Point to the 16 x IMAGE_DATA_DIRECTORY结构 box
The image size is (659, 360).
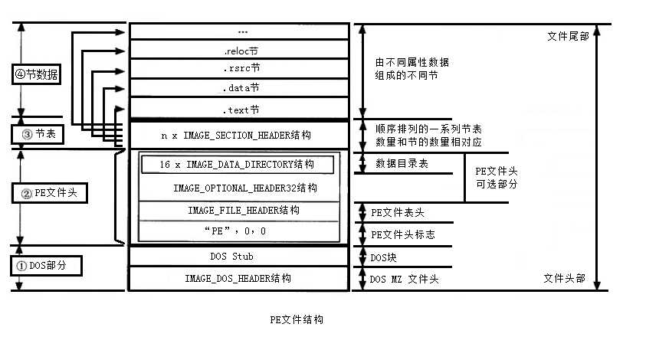click(x=237, y=165)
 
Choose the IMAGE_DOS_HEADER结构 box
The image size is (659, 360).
click(x=238, y=279)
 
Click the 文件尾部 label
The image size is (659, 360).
click(x=569, y=36)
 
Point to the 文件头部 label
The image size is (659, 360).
click(x=564, y=278)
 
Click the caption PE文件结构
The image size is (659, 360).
click(x=297, y=319)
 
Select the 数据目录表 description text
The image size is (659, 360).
click(x=402, y=165)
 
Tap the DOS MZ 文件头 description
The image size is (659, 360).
click(x=405, y=280)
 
